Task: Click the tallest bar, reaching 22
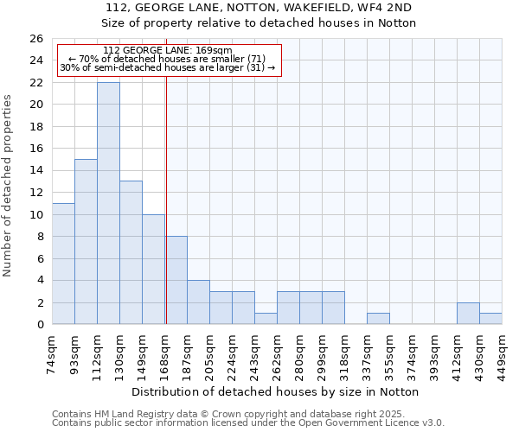click(x=108, y=203)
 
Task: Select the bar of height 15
click(x=86, y=242)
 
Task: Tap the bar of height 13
click(x=131, y=252)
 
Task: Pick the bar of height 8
click(x=176, y=280)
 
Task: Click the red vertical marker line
click(x=165, y=190)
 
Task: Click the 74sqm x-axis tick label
click(x=53, y=353)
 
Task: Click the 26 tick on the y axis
click(x=36, y=39)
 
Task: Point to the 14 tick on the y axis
click(x=36, y=171)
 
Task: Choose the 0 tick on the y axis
click(x=40, y=325)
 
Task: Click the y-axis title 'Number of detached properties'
click(x=9, y=186)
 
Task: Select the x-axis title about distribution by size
click(x=276, y=391)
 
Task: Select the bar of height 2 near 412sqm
click(x=468, y=314)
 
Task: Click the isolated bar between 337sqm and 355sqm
click(x=378, y=319)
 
